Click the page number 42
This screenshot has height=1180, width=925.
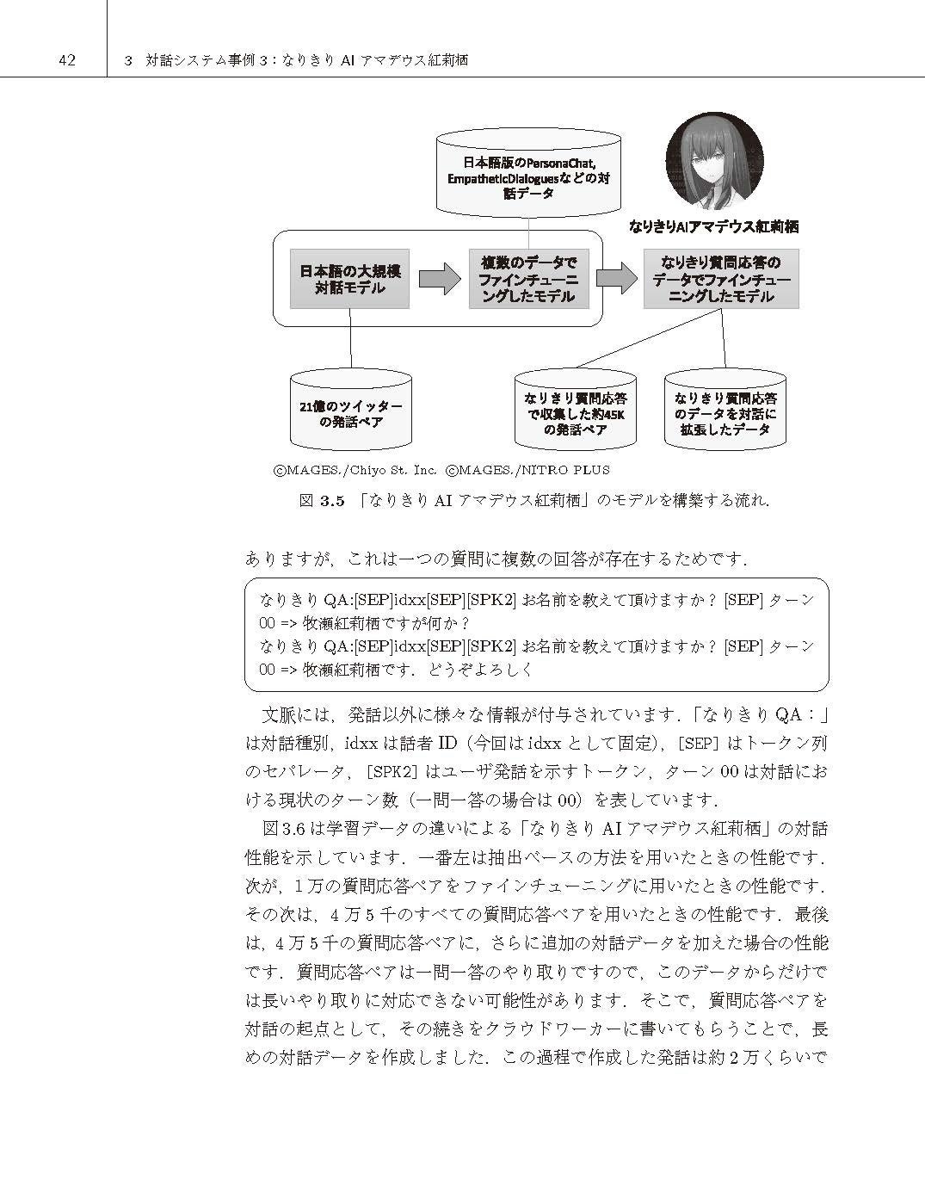coord(66,59)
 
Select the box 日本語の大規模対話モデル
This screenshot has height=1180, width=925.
coord(349,279)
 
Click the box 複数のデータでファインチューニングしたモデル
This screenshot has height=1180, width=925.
coord(528,279)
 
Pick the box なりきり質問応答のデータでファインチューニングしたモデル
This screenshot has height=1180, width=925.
coord(721,279)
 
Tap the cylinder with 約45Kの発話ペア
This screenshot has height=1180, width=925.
coord(575,411)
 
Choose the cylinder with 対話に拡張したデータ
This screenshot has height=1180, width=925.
coord(725,411)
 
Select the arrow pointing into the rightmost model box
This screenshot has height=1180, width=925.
coord(616,278)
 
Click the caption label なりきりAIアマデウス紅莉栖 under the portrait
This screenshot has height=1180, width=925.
coord(714,227)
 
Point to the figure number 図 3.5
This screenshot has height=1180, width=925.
coord(322,501)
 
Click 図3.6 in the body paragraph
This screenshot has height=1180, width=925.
coord(283,829)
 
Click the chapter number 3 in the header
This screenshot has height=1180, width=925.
coord(128,60)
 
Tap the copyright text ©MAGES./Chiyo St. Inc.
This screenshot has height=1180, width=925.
coord(355,470)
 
